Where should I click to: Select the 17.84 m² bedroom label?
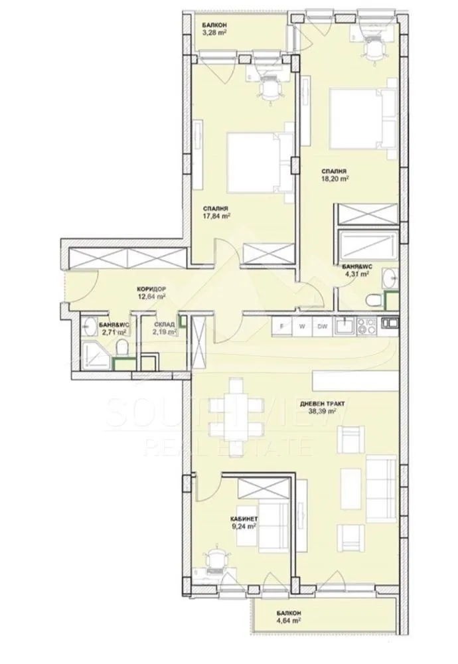tap(216, 211)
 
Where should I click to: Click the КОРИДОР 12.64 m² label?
tap(151, 293)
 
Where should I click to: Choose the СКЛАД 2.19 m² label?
tap(164, 329)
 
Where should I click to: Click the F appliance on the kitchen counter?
tap(283, 326)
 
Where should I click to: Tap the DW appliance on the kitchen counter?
tap(321, 326)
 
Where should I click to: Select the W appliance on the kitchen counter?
tap(302, 326)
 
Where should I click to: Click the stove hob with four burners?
tap(366, 325)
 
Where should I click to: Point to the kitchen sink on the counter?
tap(344, 325)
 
